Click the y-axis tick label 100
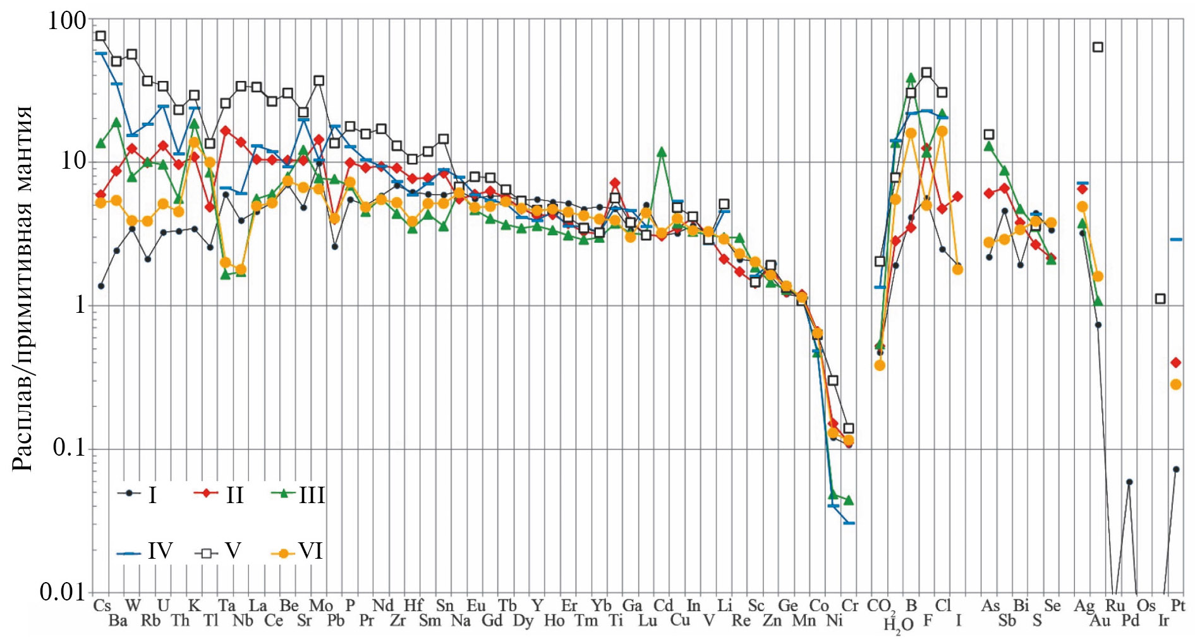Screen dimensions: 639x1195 pyautogui.click(x=67, y=21)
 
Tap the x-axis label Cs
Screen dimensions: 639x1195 pyautogui.click(x=102, y=606)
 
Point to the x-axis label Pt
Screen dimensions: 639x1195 pyautogui.click(x=1177, y=606)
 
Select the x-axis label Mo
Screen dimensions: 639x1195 pyautogui.click(x=320, y=606)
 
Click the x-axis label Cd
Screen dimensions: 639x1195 pyautogui.click(x=664, y=606)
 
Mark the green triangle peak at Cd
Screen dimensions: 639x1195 pyautogui.click(x=662, y=152)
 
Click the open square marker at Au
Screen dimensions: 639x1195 pyautogui.click(x=1098, y=47)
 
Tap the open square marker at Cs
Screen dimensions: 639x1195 pyautogui.click(x=101, y=36)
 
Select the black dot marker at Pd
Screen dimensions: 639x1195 pyautogui.click(x=1129, y=482)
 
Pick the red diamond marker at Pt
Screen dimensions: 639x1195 pyautogui.click(x=1175, y=363)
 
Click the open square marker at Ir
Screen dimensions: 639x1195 pyautogui.click(x=1160, y=298)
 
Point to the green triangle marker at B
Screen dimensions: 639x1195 pyautogui.click(x=911, y=78)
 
